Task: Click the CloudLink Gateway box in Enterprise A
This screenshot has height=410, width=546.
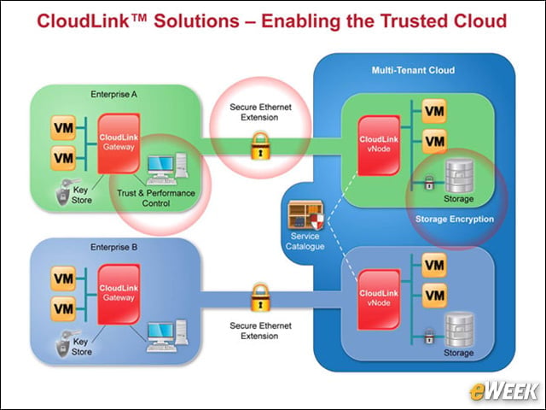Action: point(119,143)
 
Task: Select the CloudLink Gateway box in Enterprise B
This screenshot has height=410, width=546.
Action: point(119,294)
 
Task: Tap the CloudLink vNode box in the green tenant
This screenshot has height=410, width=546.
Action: point(379,145)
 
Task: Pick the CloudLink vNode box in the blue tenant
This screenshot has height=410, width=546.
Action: point(379,299)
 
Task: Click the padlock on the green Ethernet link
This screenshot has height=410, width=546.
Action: point(260,146)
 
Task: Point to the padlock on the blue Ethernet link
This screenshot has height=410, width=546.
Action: point(260,297)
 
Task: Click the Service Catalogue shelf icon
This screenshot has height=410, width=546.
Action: point(305,215)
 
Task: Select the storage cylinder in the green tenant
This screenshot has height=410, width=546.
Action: point(459,176)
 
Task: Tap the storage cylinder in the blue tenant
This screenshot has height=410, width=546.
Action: point(459,330)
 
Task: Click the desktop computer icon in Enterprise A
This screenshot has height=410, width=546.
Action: point(167,169)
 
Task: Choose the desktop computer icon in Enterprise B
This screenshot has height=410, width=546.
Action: point(167,336)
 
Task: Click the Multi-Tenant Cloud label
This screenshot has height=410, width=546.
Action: point(413,70)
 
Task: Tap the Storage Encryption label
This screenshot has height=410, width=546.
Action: point(455,220)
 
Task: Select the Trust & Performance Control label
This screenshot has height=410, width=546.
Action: point(155,198)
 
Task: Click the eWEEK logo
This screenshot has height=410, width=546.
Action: point(504,391)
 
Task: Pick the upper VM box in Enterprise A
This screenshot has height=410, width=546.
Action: point(63,127)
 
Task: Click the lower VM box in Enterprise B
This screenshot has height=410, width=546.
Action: point(63,309)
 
